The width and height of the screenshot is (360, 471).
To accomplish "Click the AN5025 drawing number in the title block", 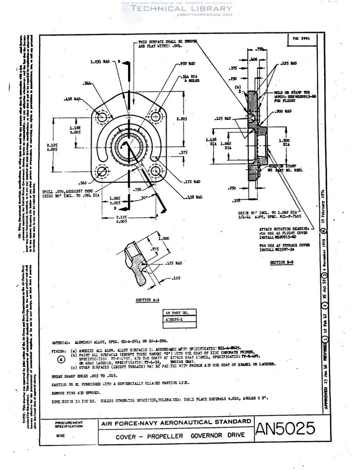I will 289,428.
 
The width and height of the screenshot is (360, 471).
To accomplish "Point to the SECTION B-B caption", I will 281,263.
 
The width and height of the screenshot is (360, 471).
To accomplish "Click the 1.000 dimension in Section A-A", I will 164,239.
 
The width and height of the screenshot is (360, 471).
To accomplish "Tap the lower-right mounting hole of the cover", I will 155,170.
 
